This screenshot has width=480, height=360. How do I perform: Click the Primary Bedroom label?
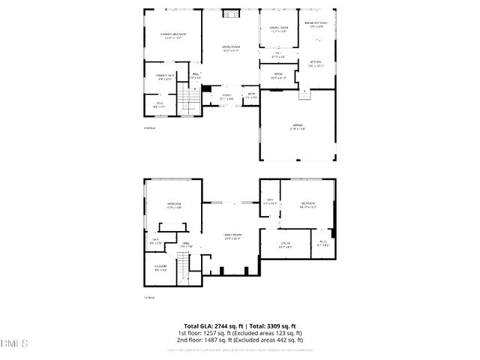[x=172, y=35]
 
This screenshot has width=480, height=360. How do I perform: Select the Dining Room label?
[x=279, y=29]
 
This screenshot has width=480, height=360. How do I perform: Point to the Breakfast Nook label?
[x=319, y=24]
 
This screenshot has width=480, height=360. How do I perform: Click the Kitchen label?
[x=316, y=64]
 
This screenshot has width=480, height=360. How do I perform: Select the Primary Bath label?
[x=165, y=76]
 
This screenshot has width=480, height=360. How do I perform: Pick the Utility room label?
[x=285, y=244]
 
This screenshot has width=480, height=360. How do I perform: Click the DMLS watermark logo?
[x=13, y=344]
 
